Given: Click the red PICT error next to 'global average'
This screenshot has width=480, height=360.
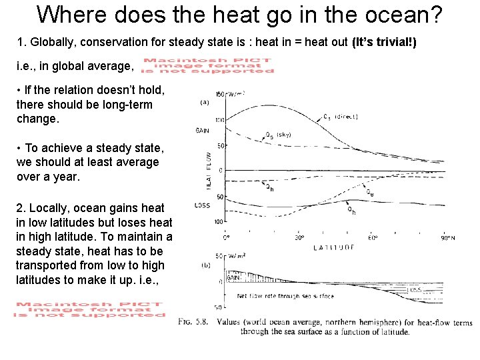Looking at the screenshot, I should pos(209,66).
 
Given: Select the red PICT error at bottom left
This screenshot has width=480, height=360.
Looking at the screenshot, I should pos(91,310).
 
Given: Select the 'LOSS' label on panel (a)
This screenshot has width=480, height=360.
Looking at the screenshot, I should pos(202,205).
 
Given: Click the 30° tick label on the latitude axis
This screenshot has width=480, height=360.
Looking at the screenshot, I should pos(299,237).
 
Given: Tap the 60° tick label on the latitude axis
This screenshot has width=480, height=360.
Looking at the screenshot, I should pos(373,237).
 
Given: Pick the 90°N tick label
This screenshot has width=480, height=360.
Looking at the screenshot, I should pos(447,237).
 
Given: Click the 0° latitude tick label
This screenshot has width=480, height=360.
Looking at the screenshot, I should pos(227,237).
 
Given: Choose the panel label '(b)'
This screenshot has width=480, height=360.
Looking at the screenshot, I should pos(207,265).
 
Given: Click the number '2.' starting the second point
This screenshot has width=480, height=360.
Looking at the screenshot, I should pos(21,209).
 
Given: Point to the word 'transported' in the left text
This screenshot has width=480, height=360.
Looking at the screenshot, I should pos(46,266).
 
